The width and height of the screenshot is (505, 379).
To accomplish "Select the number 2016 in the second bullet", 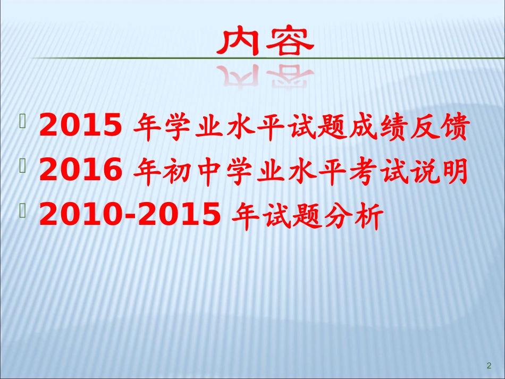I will coord(80,171).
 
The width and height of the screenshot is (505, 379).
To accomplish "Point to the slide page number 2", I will coord(489,365).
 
